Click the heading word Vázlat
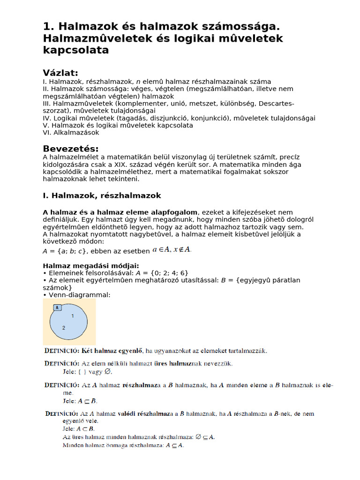point(60,73)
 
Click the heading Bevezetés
point(71,149)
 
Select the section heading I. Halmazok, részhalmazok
point(102,195)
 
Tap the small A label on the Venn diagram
point(57,308)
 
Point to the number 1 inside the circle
point(72,316)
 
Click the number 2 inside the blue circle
point(64,328)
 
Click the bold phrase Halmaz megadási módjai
point(91,266)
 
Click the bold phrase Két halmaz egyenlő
point(112,351)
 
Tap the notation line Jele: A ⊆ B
point(80,401)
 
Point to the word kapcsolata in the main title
point(76,50)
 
